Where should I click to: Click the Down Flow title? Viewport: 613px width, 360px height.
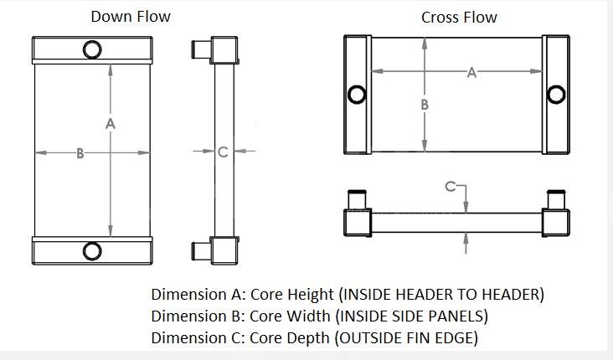(130, 16)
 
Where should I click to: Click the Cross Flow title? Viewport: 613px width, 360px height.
(459, 17)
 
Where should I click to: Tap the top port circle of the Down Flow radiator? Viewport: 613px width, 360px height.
(91, 49)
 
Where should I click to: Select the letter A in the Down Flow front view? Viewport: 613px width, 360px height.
(111, 124)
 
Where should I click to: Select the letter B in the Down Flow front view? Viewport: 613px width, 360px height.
(80, 153)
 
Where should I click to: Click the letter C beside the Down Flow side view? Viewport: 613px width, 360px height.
(222, 152)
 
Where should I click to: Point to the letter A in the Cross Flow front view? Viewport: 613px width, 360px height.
(471, 73)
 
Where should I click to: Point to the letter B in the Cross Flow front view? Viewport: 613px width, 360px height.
(425, 105)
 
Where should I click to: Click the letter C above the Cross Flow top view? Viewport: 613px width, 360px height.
(450, 186)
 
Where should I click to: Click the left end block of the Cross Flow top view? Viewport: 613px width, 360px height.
(358, 222)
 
